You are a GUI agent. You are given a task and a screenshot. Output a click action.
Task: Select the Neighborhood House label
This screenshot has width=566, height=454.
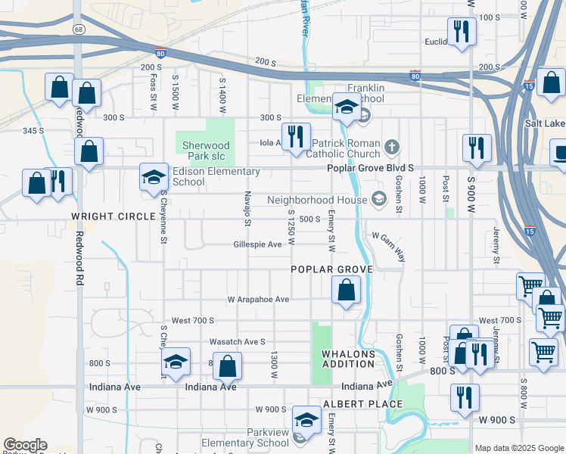coord(316,201)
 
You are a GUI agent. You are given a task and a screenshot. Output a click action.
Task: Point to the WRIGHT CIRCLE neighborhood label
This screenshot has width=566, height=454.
coord(103,216)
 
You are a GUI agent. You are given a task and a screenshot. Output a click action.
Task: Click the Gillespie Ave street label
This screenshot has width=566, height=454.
coord(257,244)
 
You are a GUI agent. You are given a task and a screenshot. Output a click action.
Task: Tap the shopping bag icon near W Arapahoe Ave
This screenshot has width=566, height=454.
coord(346,290)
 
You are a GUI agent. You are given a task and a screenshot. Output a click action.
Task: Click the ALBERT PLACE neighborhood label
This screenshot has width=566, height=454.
coord(353,404)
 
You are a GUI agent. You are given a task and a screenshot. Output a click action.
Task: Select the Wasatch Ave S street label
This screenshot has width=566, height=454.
coord(238,341)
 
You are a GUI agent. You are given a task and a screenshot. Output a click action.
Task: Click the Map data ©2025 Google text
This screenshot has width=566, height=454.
coord(518,448)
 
